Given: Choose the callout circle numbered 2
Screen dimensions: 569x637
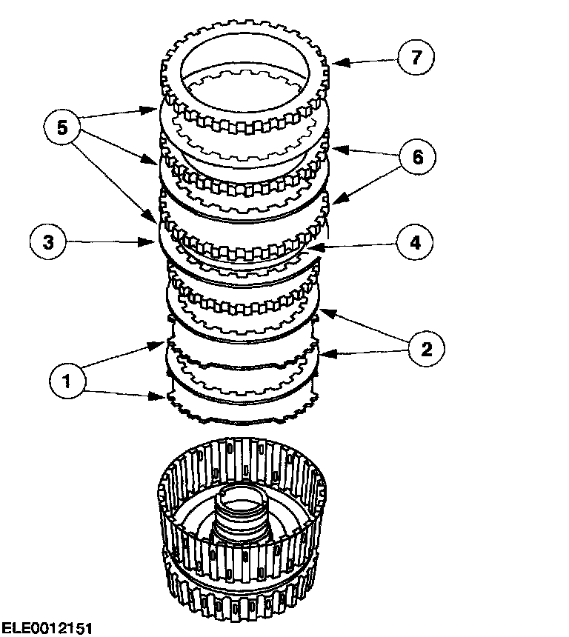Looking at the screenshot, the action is tap(426, 348).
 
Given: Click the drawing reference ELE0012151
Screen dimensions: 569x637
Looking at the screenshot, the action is tap(47, 628).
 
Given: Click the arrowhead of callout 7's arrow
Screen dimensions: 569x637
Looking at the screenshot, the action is tap(334, 64).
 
